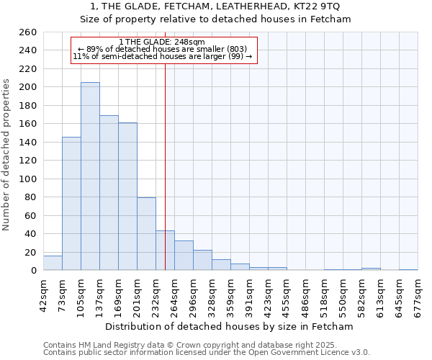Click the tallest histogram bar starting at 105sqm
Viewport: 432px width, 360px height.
click(x=90, y=176)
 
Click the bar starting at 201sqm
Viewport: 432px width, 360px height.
click(x=146, y=234)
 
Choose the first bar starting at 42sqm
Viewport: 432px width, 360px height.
click(x=53, y=263)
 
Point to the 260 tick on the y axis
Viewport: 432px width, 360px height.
click(x=28, y=32)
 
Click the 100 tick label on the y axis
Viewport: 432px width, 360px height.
click(x=28, y=179)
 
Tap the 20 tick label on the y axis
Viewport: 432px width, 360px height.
click(x=31, y=252)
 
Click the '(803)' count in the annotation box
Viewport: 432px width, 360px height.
click(x=237, y=49)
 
